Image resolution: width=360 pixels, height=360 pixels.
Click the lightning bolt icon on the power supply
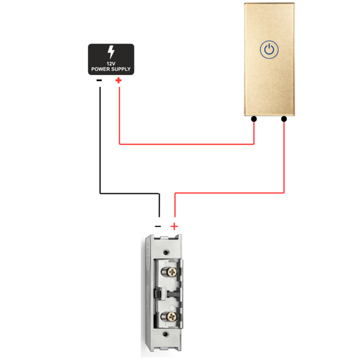[111, 52]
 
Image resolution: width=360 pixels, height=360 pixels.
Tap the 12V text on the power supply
[111, 64]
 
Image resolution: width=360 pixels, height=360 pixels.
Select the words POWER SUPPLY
[111, 69]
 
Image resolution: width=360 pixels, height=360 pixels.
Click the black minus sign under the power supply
[99, 80]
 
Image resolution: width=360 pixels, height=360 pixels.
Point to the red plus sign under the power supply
[118, 80]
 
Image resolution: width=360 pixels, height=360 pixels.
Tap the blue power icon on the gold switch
[269, 50]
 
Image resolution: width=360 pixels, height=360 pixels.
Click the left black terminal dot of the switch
[254, 119]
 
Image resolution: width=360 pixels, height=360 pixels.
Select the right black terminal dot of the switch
[284, 119]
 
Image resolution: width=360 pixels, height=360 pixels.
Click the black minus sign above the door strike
[158, 226]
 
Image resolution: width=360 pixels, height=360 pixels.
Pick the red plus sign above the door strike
[174, 226]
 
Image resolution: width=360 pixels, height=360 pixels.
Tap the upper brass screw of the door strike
[172, 272]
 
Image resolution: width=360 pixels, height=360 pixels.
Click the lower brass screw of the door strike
[172, 317]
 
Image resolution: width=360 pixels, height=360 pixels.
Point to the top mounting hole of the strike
[166, 253]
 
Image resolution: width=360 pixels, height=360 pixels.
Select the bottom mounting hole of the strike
[166, 334]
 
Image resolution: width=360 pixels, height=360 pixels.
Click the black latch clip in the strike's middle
[158, 294]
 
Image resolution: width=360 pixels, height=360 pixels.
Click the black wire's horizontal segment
[130, 193]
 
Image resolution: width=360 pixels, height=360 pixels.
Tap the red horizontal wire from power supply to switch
[187, 144]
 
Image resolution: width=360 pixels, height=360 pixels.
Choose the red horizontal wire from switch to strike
[230, 193]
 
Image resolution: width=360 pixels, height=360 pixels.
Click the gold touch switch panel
[269, 59]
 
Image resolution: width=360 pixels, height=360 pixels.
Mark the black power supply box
[111, 59]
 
